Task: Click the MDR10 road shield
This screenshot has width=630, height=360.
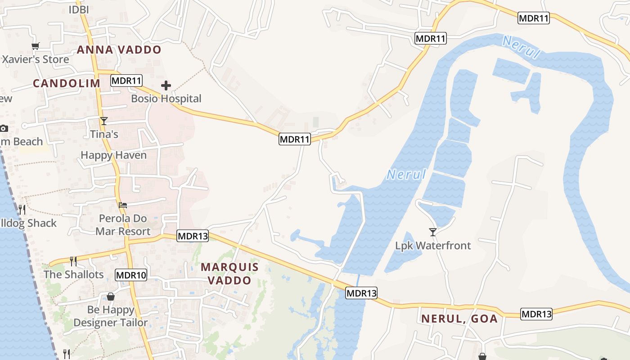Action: [131, 275]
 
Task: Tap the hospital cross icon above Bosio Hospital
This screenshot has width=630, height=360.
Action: [166, 85]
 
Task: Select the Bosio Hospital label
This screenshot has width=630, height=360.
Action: [166, 99]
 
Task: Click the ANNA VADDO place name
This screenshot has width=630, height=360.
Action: [119, 49]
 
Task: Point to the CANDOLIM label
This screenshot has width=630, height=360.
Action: [67, 83]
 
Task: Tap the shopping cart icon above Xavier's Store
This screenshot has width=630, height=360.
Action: [36, 46]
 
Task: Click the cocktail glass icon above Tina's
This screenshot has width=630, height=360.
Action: [104, 121]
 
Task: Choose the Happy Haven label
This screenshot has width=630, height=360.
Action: [113, 155]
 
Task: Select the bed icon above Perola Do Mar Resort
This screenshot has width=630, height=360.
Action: [123, 205]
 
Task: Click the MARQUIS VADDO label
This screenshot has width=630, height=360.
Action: [229, 274]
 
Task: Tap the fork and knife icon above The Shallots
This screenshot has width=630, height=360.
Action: [73, 261]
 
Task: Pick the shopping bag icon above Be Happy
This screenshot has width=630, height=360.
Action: [110, 297]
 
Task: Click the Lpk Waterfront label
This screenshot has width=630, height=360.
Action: [433, 246]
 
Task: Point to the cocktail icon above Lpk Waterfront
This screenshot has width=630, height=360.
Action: [433, 232]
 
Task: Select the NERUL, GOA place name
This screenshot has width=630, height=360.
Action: [459, 319]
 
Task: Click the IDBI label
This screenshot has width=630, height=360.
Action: [79, 9]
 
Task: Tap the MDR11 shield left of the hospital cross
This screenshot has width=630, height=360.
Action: [126, 81]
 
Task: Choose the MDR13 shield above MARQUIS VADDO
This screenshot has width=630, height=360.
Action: [193, 236]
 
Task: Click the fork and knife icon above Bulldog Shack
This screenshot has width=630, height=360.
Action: [22, 209]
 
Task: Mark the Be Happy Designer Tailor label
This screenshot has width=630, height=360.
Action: [111, 316]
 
